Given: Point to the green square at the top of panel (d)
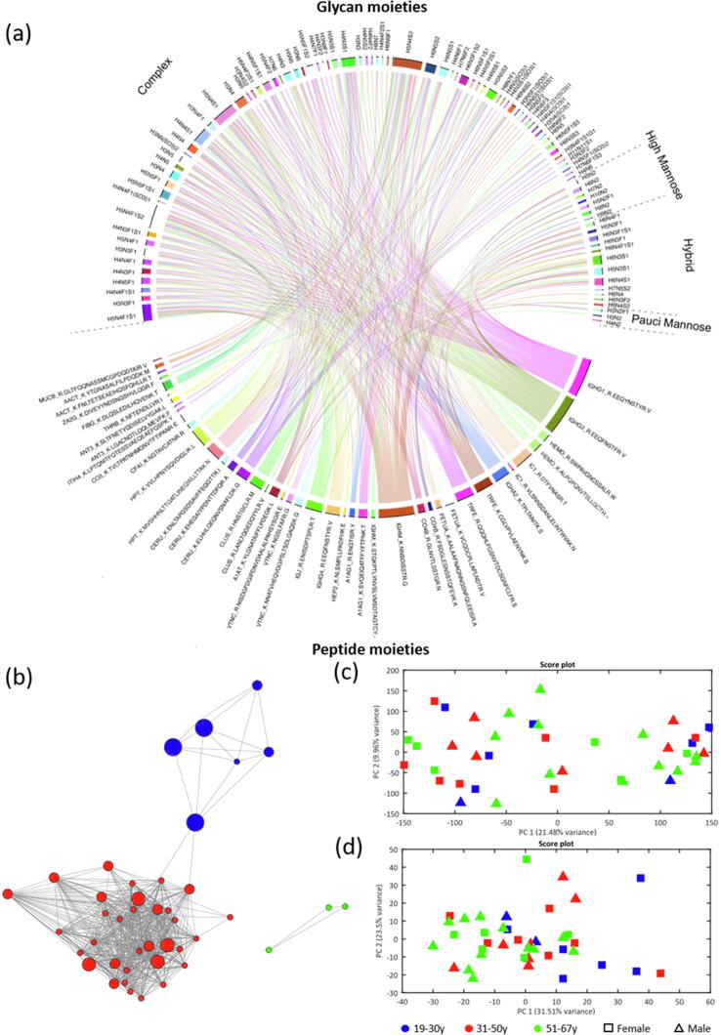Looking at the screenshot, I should click(527, 858).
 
